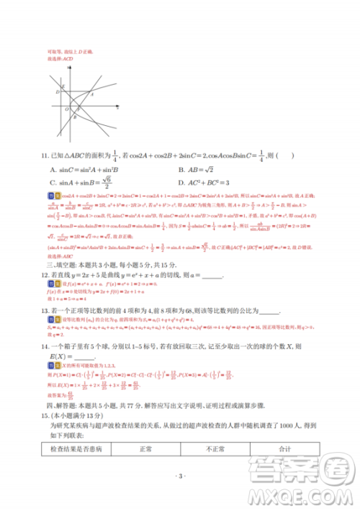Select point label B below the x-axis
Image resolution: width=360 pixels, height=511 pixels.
[x=76, y=118]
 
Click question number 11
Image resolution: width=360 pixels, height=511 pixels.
[x=45, y=155]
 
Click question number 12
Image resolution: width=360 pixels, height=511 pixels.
[x=45, y=276]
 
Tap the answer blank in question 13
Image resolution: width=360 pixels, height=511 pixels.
[x=268, y=311]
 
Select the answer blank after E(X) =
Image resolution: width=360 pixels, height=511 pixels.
[x=84, y=358]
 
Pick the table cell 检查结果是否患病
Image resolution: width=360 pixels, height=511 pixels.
[x=72, y=450]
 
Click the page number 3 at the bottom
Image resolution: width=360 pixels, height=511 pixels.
[x=180, y=475]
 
